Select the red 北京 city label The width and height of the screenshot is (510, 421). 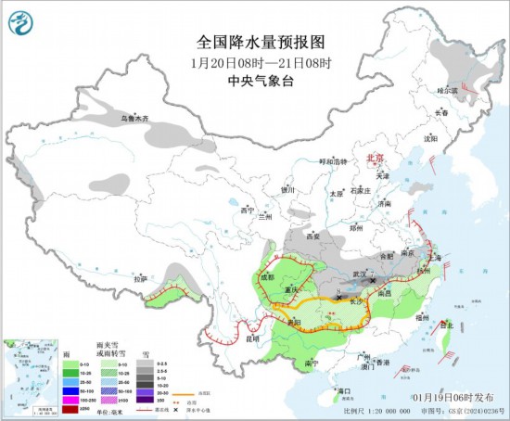(375, 159)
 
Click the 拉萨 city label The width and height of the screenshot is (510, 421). (140, 278)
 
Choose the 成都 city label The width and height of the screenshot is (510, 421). (267, 276)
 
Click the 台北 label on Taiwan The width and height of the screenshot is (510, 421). (446, 325)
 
